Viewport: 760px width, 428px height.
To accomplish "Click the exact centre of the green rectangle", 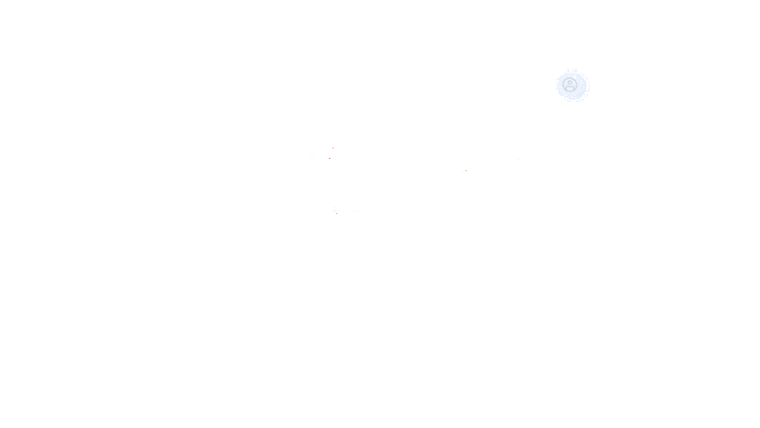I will click(x=450, y=141).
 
